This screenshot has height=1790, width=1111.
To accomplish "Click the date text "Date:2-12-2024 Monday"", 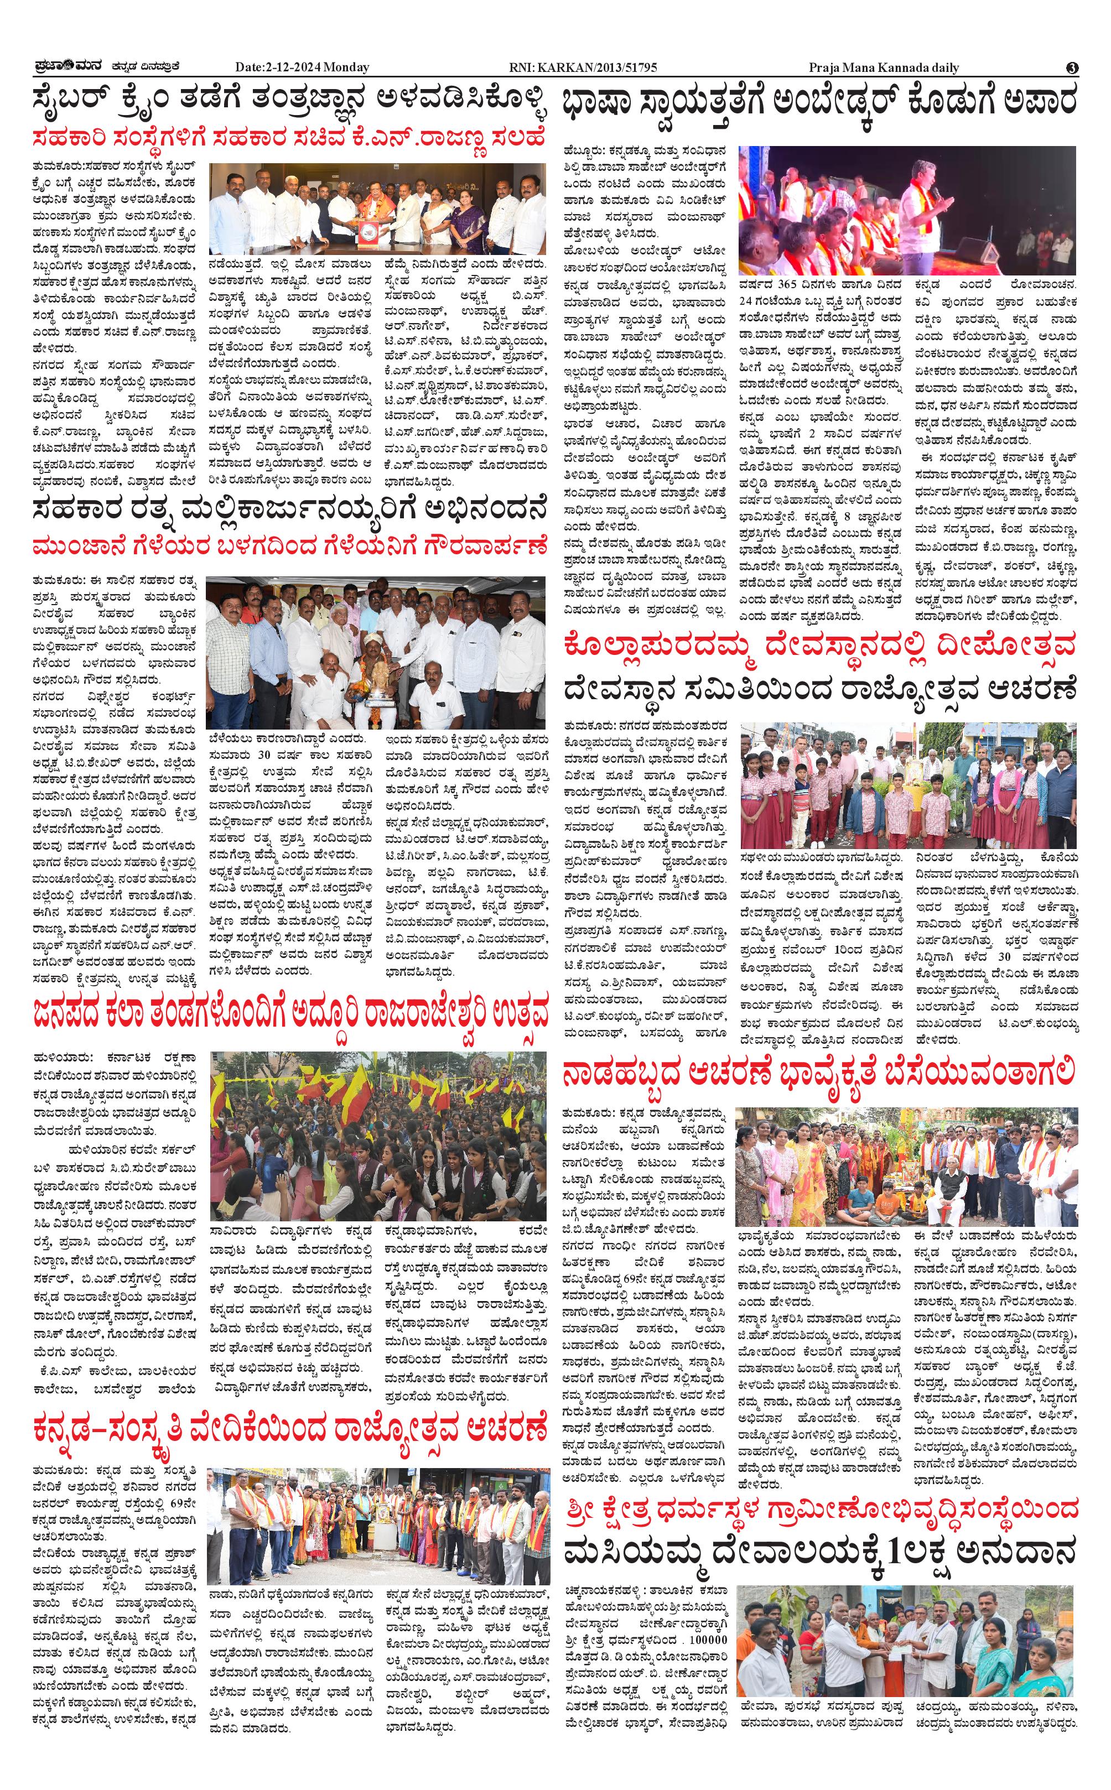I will click(x=302, y=67).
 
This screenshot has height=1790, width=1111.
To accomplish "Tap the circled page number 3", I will click(x=1072, y=67).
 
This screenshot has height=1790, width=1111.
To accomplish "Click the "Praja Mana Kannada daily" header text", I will click(x=884, y=67).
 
